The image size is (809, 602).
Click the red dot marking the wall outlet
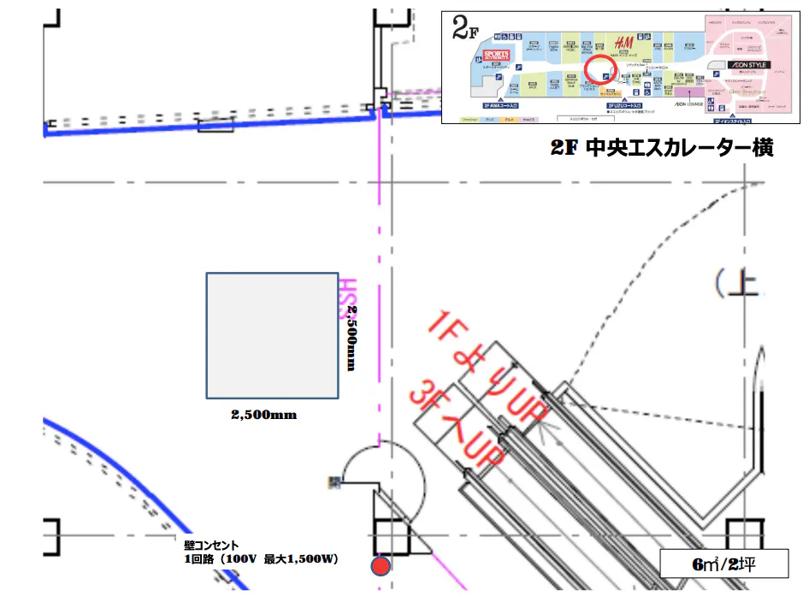(381, 565)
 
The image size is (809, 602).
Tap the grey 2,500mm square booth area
(272, 335)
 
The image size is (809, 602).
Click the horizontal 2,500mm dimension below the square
(263, 415)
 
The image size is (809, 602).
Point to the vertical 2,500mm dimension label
(351, 338)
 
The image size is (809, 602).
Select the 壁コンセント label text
(211, 545)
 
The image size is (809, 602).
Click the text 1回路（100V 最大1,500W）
(262, 559)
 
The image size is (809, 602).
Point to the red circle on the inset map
(600, 69)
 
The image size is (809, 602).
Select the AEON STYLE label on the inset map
(748, 65)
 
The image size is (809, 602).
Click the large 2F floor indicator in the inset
(464, 31)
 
